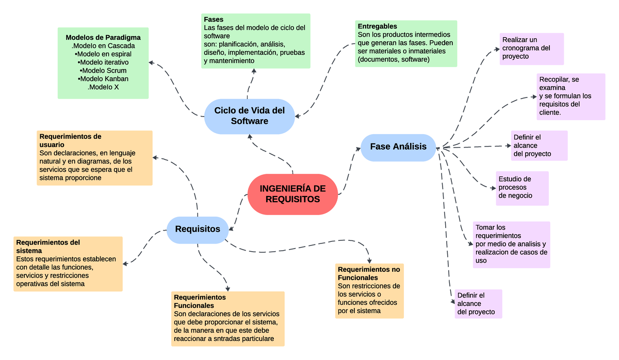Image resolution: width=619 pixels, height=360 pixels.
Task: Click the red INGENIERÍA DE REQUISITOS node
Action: pyautogui.click(x=292, y=194)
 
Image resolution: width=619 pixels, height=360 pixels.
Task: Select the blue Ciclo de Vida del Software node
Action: pyautogui.click(x=249, y=116)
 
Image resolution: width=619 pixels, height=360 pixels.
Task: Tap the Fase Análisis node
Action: pyautogui.click(x=398, y=146)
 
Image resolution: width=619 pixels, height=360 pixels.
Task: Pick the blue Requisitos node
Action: pyautogui.click(x=198, y=229)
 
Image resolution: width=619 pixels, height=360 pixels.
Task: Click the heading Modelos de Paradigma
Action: pyautogui.click(x=103, y=38)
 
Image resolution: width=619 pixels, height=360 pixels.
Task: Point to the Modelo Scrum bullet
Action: pyautogui.click(x=103, y=71)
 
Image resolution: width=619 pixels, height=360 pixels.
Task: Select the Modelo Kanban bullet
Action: pyautogui.click(x=103, y=79)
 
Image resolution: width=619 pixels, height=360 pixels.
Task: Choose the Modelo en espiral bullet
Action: pyautogui.click(x=103, y=54)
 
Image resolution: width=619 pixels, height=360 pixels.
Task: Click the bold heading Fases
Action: pyautogui.click(x=214, y=19)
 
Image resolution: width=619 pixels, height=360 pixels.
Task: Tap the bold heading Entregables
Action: pyautogui.click(x=377, y=26)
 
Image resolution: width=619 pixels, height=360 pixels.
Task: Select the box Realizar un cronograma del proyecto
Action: pyautogui.click(x=532, y=48)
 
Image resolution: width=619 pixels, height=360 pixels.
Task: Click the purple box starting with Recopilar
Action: pyautogui.click(x=571, y=96)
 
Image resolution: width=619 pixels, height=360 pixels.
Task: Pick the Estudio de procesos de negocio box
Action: pyautogui.click(x=522, y=188)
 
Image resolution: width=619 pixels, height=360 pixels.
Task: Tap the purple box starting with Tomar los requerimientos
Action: pyautogui.click(x=511, y=244)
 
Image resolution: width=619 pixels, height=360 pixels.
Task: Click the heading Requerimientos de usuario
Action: pyautogui.click(x=70, y=141)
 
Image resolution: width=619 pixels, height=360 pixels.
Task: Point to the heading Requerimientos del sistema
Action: pyautogui.click(x=48, y=246)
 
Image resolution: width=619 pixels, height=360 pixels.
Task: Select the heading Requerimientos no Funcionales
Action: pyautogui.click(x=369, y=273)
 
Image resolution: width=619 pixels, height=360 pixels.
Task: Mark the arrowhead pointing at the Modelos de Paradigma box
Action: pyautogui.click(x=151, y=62)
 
